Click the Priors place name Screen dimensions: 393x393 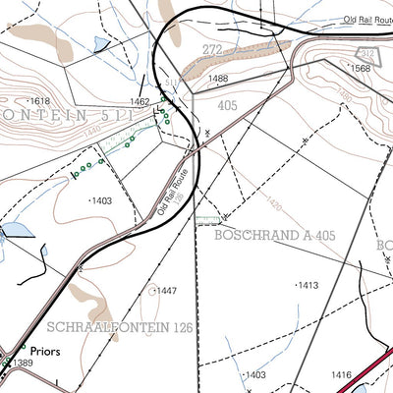(45, 349)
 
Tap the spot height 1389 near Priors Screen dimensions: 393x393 (22, 365)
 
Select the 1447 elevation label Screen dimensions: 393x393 (166, 291)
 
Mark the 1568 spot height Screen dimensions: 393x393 (360, 68)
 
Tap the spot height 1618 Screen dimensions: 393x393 (39, 101)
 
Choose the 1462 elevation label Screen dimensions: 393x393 (139, 101)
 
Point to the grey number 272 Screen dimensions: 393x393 (212, 49)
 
